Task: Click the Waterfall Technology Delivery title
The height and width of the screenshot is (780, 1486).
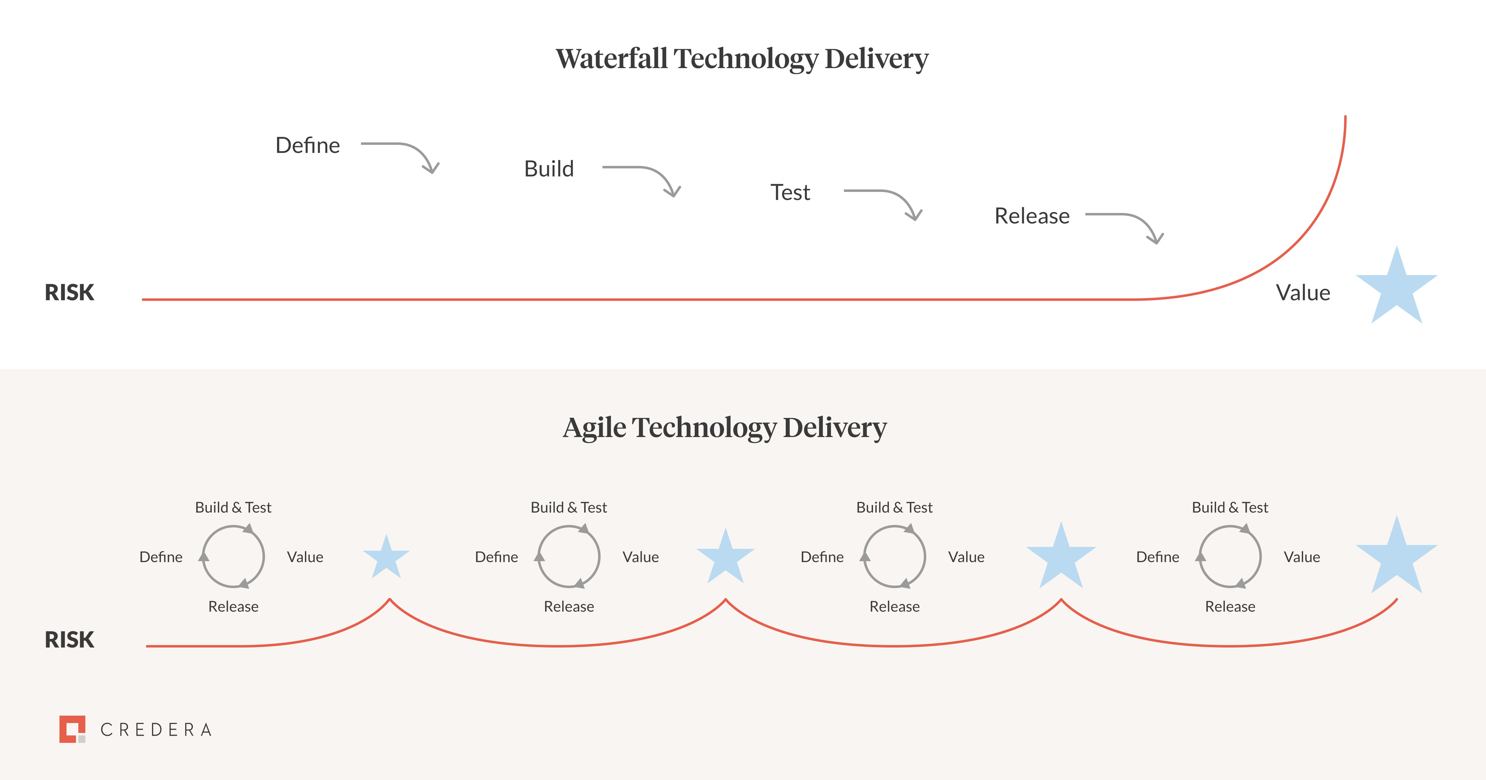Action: (x=742, y=59)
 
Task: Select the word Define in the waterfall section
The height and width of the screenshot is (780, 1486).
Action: (x=307, y=145)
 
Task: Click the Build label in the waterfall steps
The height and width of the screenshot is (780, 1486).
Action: (x=549, y=169)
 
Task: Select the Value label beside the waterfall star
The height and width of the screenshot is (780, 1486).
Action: (x=1302, y=293)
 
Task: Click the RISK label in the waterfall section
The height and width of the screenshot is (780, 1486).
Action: (x=69, y=292)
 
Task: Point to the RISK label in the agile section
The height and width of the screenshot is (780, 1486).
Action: (x=69, y=640)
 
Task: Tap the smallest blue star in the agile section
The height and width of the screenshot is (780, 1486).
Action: (x=386, y=557)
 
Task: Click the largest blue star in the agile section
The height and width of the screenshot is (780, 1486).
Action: (x=1396, y=557)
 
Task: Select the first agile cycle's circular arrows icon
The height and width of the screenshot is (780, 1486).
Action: (x=233, y=557)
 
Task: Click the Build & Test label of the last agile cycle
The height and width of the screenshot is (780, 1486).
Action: (x=1230, y=508)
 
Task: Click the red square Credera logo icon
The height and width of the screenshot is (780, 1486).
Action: (x=72, y=729)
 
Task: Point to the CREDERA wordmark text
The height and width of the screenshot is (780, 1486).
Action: (x=156, y=730)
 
